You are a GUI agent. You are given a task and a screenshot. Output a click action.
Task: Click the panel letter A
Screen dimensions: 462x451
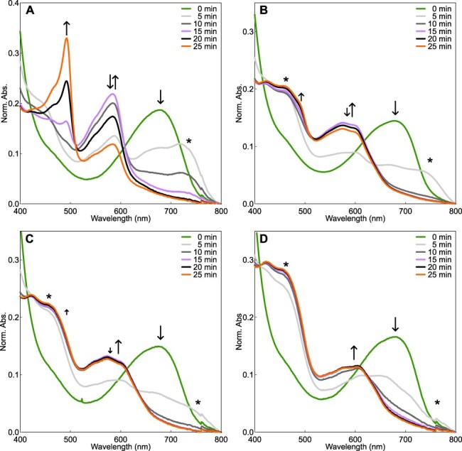(x=30, y=11)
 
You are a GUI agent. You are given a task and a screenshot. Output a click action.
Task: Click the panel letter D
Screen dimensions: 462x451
(x=264, y=239)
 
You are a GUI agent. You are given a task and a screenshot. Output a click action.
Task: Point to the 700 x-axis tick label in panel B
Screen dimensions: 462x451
(x=405, y=211)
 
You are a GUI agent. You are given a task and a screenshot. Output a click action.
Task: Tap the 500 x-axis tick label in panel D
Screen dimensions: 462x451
(x=305, y=440)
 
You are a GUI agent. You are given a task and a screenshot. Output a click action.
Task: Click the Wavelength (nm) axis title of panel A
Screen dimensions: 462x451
(x=121, y=219)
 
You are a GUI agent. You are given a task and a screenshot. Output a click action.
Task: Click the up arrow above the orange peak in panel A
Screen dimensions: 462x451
(x=67, y=28)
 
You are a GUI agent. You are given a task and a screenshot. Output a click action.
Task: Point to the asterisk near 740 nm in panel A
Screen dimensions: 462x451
(x=189, y=141)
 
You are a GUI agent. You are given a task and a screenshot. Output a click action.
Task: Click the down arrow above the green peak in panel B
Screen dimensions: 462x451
(x=395, y=108)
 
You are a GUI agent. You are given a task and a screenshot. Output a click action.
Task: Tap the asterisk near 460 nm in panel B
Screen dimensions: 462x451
(x=286, y=80)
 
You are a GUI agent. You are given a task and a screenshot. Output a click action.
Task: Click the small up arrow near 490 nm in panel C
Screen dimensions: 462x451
(x=67, y=312)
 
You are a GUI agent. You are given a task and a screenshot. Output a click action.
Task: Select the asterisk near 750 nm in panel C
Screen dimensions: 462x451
(x=198, y=403)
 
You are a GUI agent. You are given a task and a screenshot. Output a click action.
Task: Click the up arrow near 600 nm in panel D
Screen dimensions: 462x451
(x=354, y=352)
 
